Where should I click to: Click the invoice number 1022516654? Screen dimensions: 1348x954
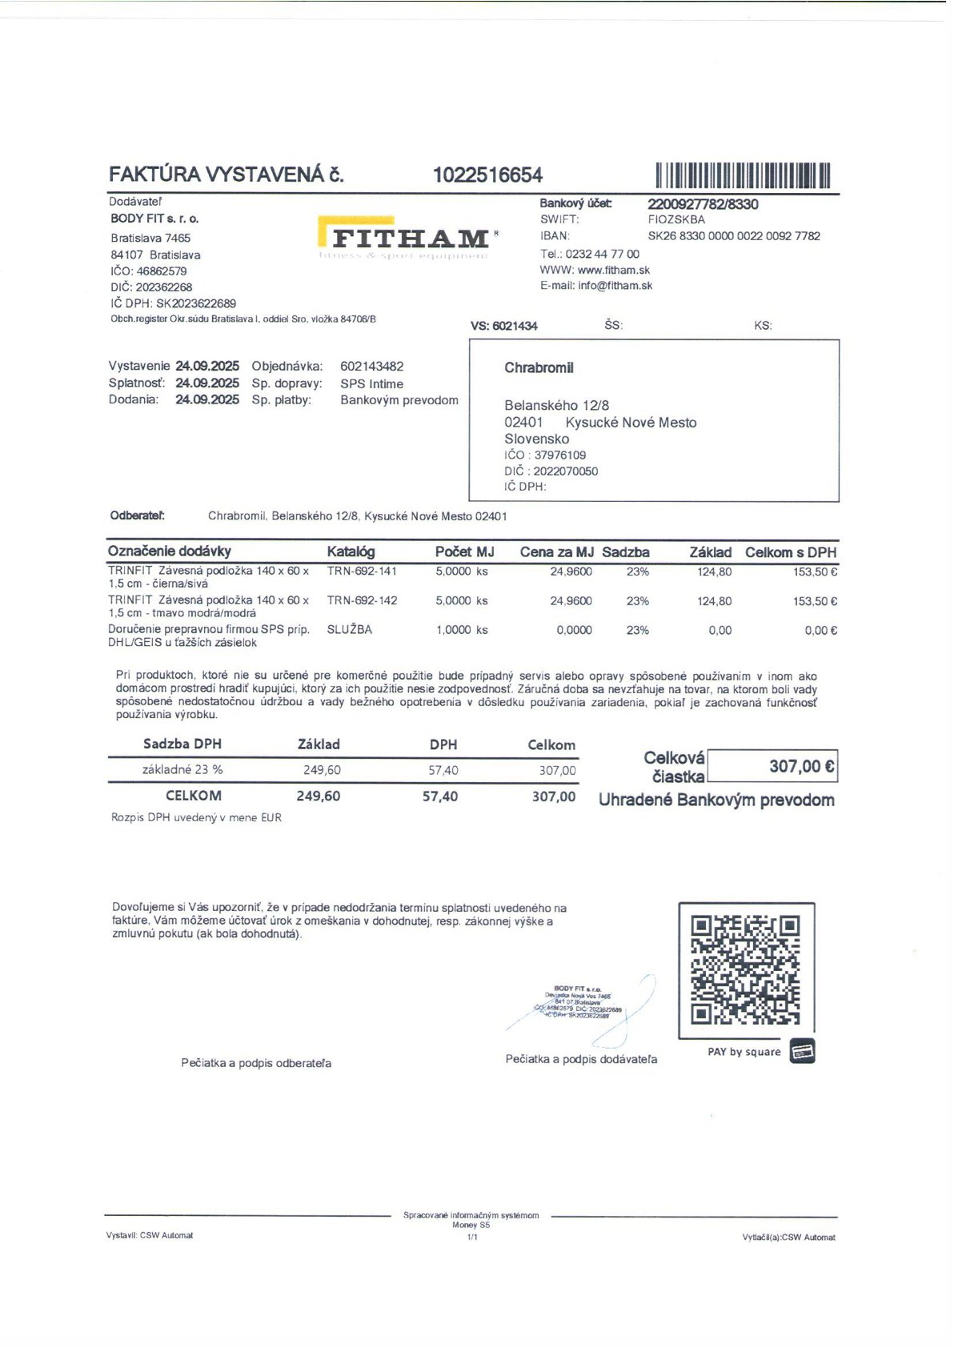click(x=487, y=175)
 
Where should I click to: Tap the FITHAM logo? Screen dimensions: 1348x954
click(x=408, y=238)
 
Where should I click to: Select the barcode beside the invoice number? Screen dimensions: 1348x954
click(x=744, y=175)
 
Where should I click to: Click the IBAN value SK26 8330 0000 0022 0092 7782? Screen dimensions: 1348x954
click(x=734, y=236)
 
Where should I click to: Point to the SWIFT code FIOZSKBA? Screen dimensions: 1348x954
click(x=676, y=219)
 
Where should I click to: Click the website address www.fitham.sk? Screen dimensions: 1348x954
click(x=613, y=271)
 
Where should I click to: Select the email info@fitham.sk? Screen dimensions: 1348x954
click(x=615, y=286)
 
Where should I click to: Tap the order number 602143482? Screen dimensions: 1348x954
click(x=371, y=366)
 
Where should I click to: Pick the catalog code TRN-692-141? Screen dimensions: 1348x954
click(x=362, y=572)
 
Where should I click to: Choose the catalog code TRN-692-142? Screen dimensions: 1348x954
click(x=362, y=600)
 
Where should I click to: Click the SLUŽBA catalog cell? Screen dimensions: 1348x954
click(x=349, y=630)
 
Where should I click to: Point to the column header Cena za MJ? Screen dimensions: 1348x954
click(x=556, y=552)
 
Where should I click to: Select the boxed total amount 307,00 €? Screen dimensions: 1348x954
click(x=773, y=767)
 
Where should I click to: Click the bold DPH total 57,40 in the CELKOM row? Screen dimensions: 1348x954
click(x=440, y=796)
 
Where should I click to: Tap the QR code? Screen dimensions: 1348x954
click(x=745, y=970)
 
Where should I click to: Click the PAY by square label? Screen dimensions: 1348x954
click(x=744, y=1052)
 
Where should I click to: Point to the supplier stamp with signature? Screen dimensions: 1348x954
click(x=582, y=1004)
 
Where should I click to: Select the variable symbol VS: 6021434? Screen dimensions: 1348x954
click(x=504, y=326)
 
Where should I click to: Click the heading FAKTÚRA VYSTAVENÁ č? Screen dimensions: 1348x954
click(x=226, y=175)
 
